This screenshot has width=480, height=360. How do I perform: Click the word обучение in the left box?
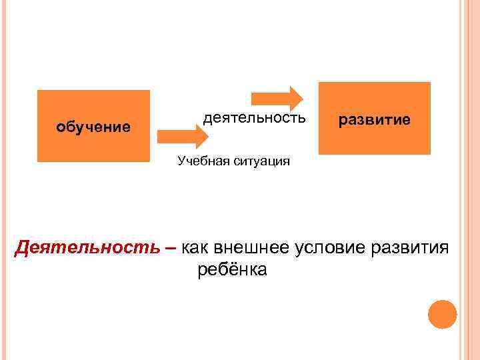coord(93,126)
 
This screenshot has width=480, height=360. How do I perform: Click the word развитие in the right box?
coord(374,119)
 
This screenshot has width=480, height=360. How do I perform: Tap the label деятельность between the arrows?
coord(255,119)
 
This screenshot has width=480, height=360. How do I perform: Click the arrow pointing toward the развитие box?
coord(288,97)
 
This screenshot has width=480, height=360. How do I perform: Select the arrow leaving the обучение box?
coord(182,137)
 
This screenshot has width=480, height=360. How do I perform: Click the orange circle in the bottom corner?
coord(442,314)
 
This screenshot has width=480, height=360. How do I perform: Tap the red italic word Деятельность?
coord(87,247)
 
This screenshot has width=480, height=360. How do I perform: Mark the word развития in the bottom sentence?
coord(410,247)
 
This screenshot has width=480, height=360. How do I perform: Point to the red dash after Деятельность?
coord(171,249)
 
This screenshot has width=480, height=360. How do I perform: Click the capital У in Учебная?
coord(181,161)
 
